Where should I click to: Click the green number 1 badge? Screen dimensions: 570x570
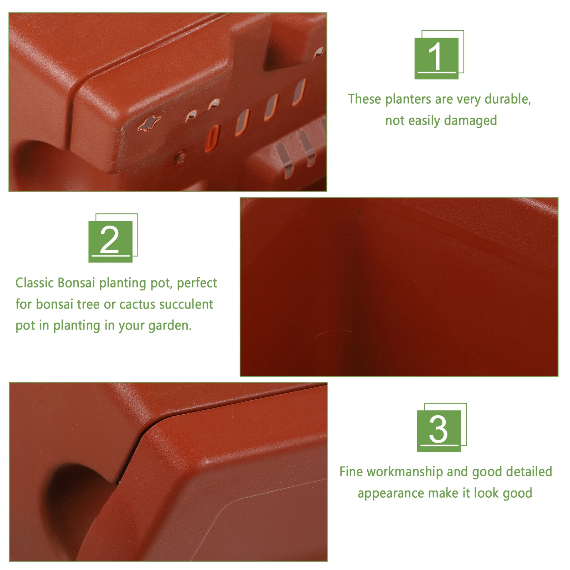pos(437,58)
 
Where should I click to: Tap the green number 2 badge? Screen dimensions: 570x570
pos(110,241)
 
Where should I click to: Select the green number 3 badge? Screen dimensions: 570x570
pos(439,430)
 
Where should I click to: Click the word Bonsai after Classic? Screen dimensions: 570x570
pos(76,283)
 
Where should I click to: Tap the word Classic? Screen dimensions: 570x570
pos(35,283)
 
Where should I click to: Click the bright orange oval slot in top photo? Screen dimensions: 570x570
pos(212,138)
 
